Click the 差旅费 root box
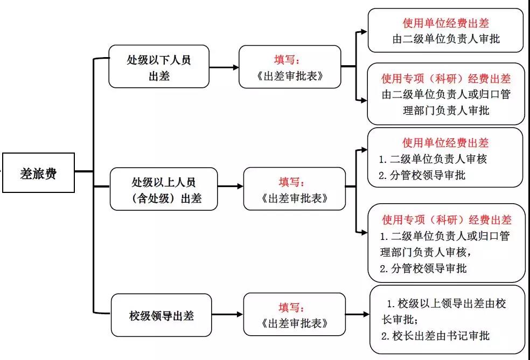pyautogui.click(x=38, y=172)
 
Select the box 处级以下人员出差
pyautogui.click(x=159, y=67)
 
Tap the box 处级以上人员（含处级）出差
pyautogui.click(x=164, y=189)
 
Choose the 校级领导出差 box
pyautogui.click(x=161, y=315)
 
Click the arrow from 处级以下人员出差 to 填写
pyautogui.click(x=224, y=67)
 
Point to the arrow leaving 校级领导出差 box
pyautogui.click(x=227, y=314)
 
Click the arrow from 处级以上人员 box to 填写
pyautogui.click(x=231, y=186)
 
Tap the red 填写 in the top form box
pyautogui.click(x=287, y=60)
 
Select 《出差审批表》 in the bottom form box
pyautogui.click(x=295, y=323)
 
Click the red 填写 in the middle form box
pyautogui.click(x=291, y=182)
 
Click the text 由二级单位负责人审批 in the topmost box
pyautogui.click(x=446, y=39)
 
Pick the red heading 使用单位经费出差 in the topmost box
pyautogui.click(x=446, y=23)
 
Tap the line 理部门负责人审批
pyautogui.click(x=446, y=110)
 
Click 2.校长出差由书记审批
pyautogui.click(x=435, y=336)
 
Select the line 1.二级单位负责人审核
pyautogui.click(x=433, y=158)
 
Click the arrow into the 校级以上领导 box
pyautogui.click(x=357, y=314)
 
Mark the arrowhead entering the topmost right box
pyautogui.click(x=364, y=32)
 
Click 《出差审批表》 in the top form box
pyautogui.click(x=290, y=76)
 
